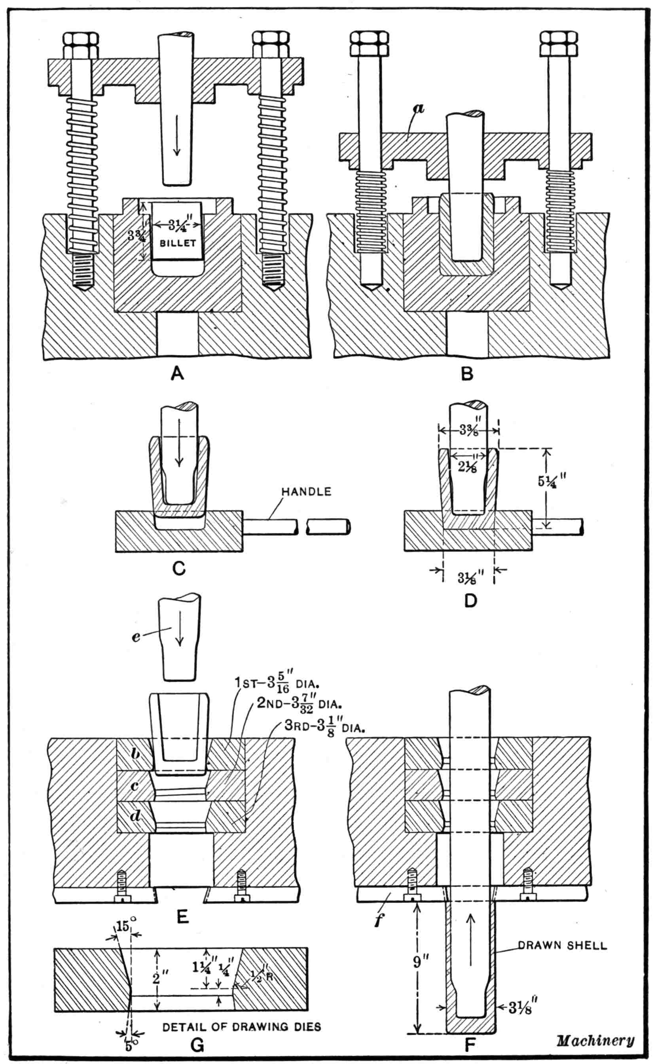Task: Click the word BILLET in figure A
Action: [178, 243]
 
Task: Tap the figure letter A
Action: [177, 373]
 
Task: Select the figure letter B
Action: [467, 374]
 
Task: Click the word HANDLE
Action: [306, 491]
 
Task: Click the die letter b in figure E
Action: [135, 754]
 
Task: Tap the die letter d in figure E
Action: [135, 816]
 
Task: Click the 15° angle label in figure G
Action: [124, 927]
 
